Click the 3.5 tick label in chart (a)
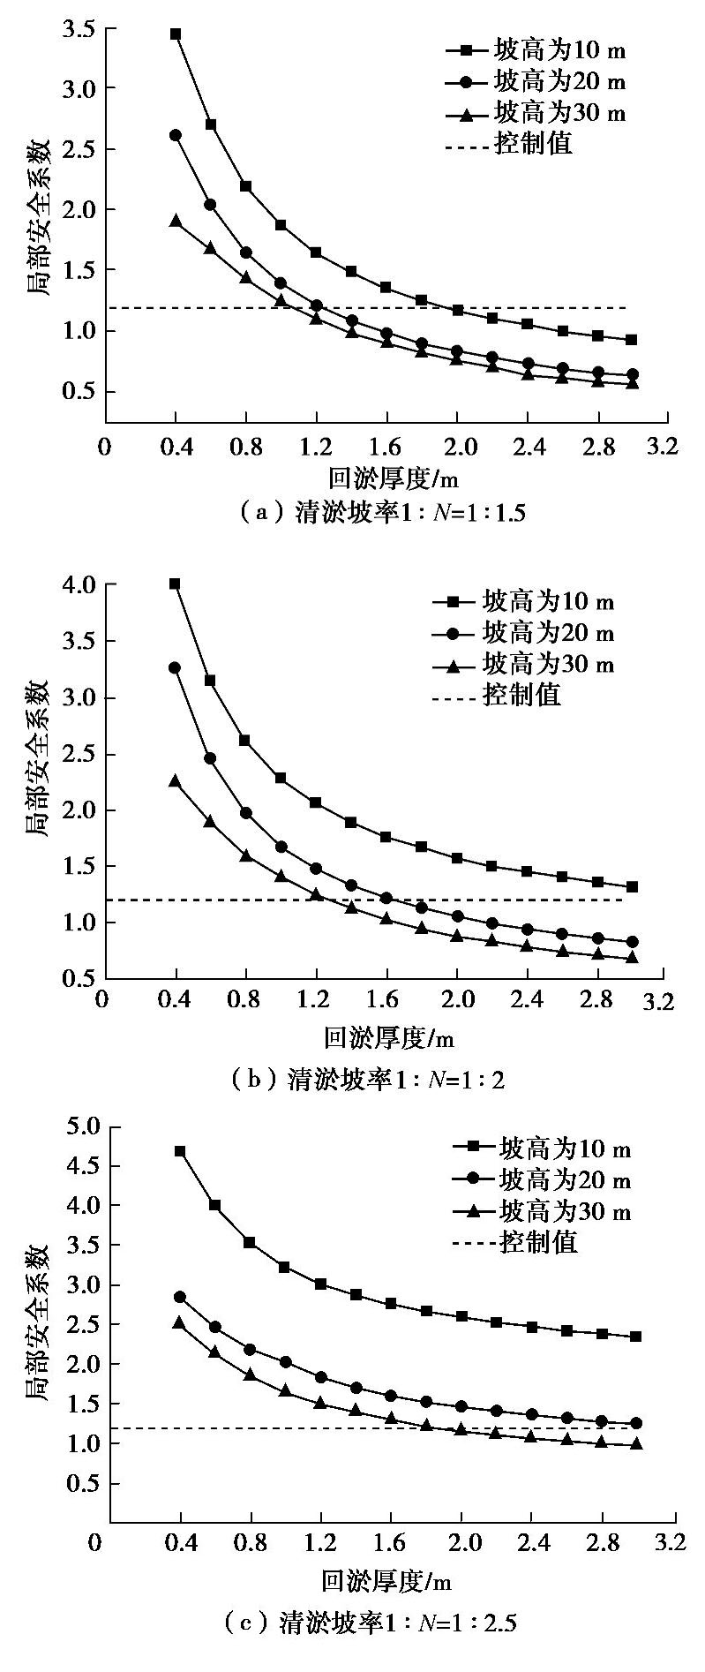(x=79, y=28)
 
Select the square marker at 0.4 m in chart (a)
(x=176, y=34)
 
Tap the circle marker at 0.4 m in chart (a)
(x=176, y=135)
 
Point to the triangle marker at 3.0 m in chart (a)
(x=633, y=383)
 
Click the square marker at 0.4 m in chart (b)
(x=175, y=584)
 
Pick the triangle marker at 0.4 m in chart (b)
(x=175, y=780)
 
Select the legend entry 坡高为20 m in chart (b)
(x=548, y=633)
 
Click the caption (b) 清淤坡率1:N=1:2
(x=366, y=1079)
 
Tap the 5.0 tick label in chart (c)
(x=82, y=1126)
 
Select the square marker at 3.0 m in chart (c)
(x=636, y=1337)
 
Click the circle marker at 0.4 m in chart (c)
(x=180, y=1297)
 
